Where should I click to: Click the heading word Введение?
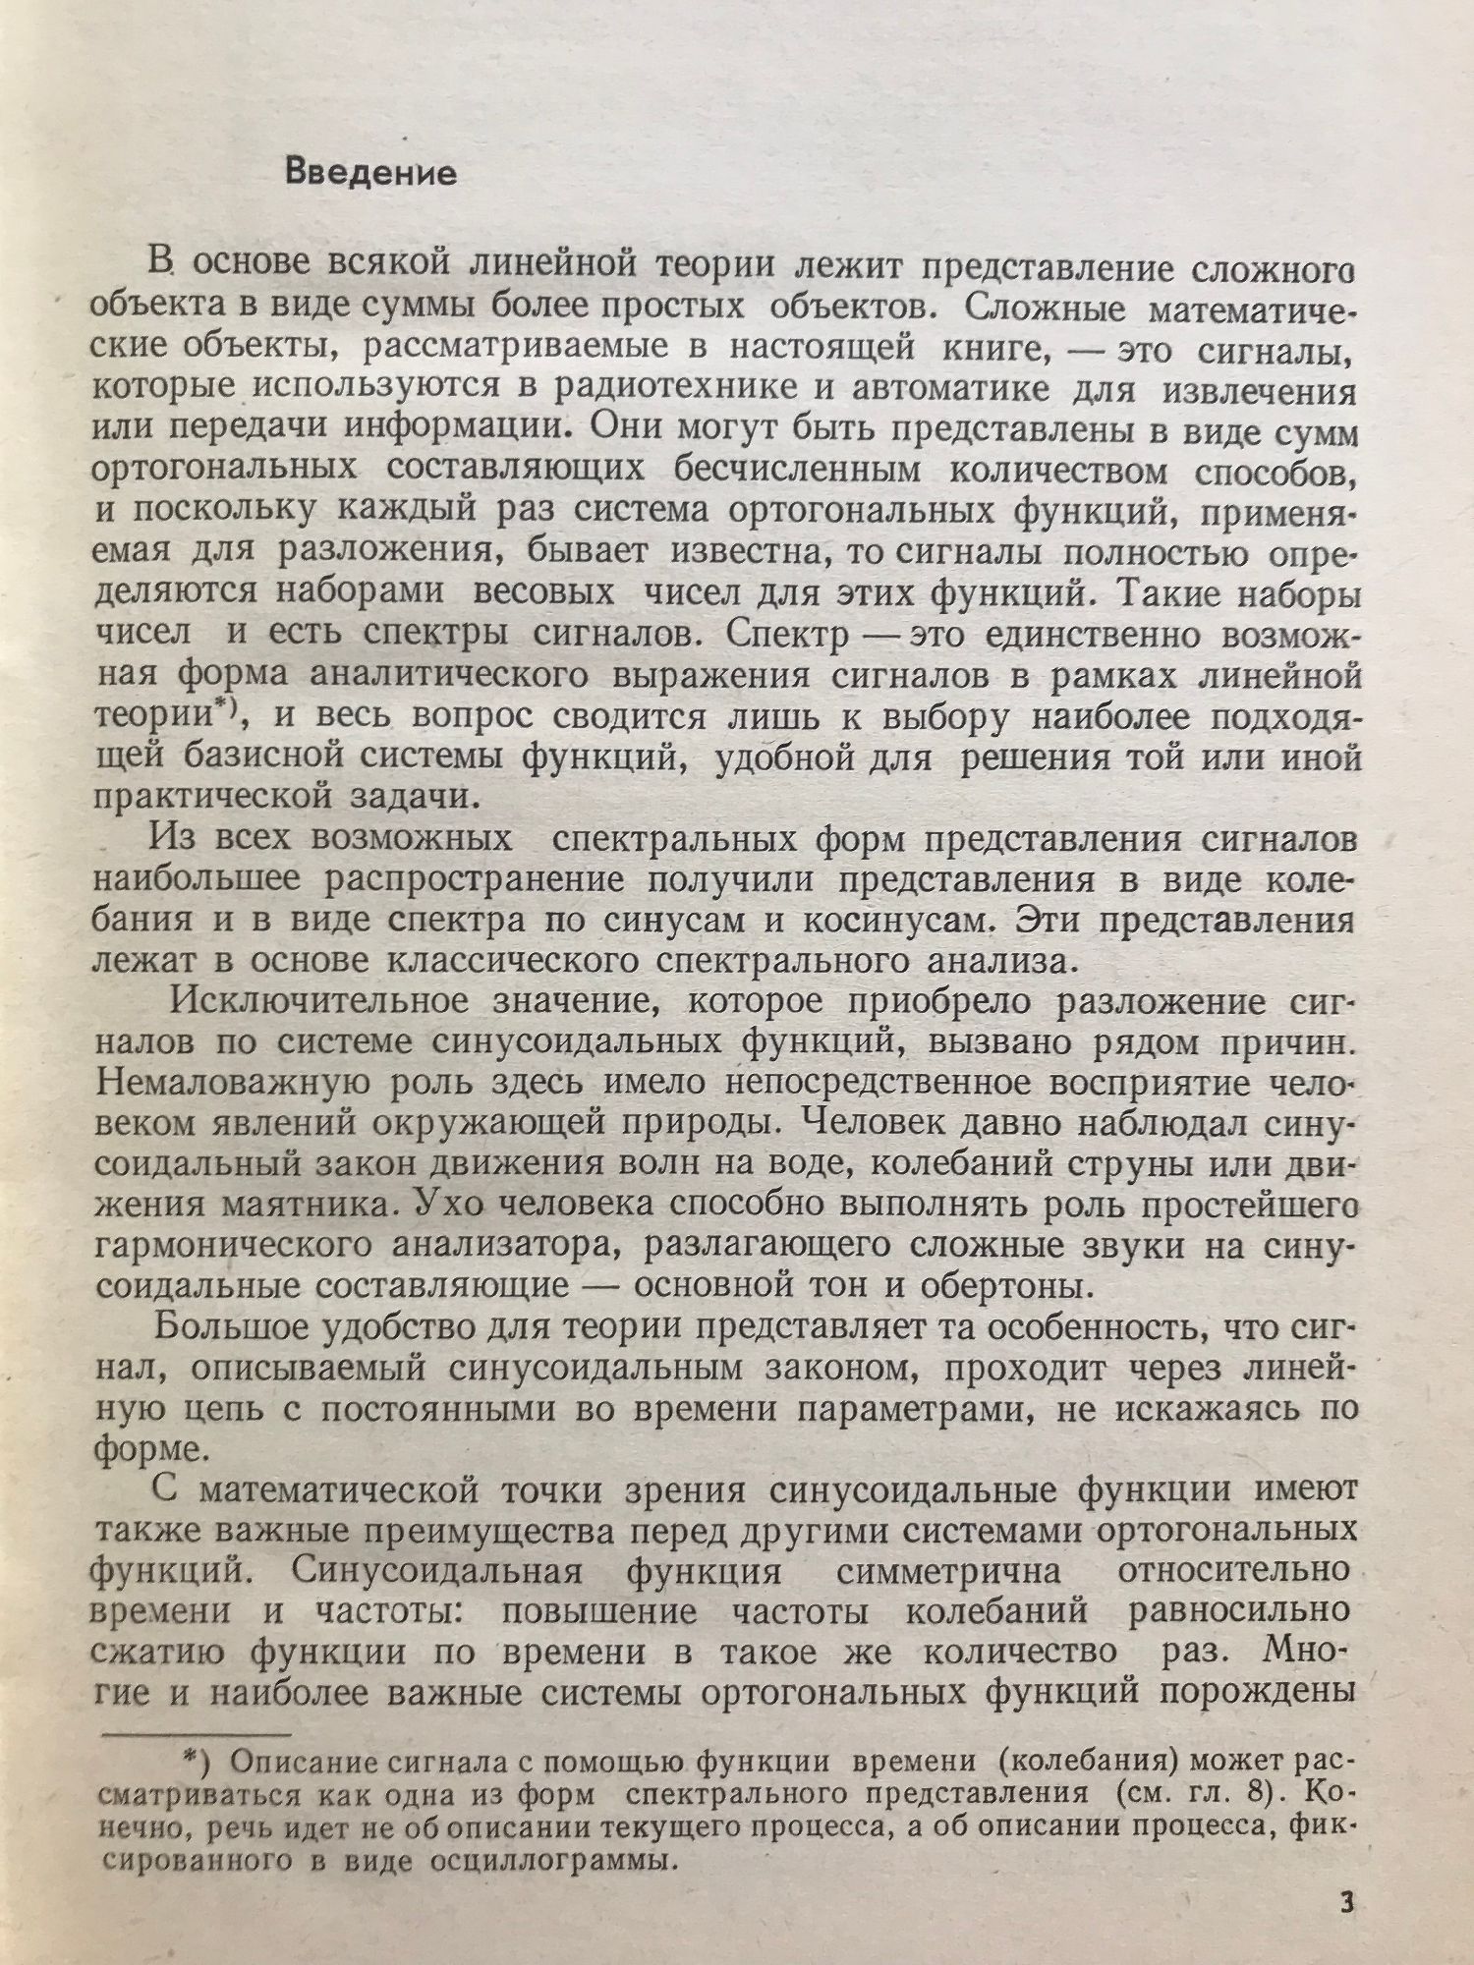pos(369,174)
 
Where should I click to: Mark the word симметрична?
pos(948,1572)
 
